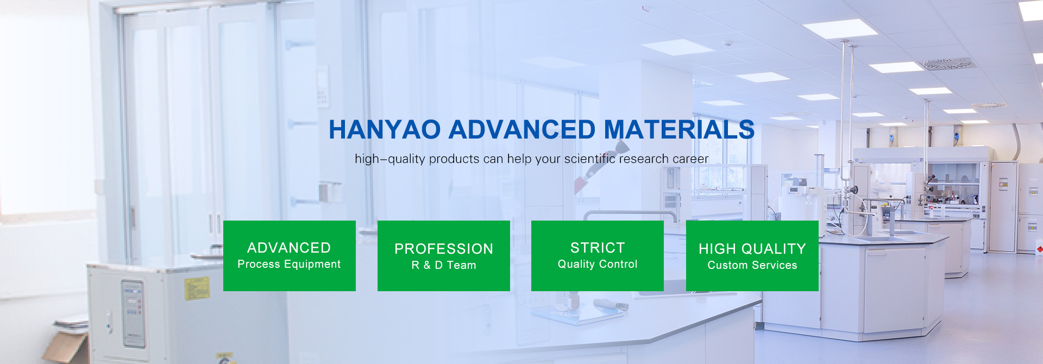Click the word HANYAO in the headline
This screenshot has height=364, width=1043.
pyautogui.click(x=385, y=130)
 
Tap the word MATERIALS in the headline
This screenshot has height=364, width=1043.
pyautogui.click(x=679, y=130)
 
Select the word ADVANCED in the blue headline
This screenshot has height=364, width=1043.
pyautogui.click(x=522, y=130)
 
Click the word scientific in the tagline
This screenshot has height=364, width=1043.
pyautogui.click(x=589, y=159)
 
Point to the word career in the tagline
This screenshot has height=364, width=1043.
pyautogui.click(x=690, y=159)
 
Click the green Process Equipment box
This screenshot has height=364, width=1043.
pyautogui.click(x=290, y=256)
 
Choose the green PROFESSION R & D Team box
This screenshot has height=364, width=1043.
pyautogui.click(x=444, y=256)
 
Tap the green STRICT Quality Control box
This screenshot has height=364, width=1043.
pyautogui.click(x=598, y=256)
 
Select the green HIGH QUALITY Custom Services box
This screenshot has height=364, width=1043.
pyautogui.click(x=752, y=256)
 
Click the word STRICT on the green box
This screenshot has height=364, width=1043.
pyautogui.click(x=598, y=248)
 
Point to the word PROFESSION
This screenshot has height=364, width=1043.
pyautogui.click(x=444, y=249)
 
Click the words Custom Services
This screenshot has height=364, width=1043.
pyautogui.click(x=752, y=265)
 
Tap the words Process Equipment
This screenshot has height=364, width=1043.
pyautogui.click(x=289, y=265)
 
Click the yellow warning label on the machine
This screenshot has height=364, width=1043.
pyautogui.click(x=196, y=288)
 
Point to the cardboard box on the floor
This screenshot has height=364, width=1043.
pyautogui.click(x=66, y=347)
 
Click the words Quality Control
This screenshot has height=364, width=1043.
pyautogui.click(x=598, y=265)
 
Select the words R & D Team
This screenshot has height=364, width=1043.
pyautogui.click(x=444, y=265)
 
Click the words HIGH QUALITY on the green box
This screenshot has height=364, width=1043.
pyautogui.click(x=752, y=249)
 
